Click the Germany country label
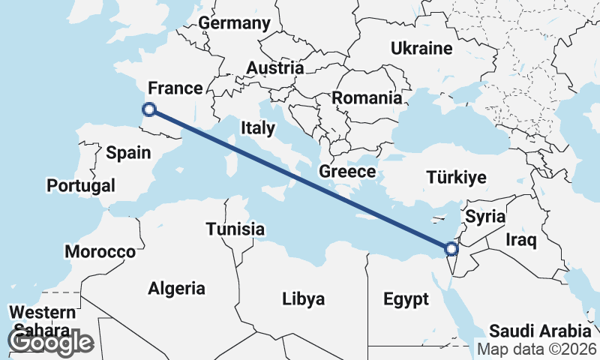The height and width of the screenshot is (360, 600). coord(234,23)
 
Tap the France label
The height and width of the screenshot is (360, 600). coord(175,88)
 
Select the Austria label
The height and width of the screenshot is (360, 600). coord(275,67)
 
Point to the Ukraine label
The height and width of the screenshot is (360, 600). coord(421,49)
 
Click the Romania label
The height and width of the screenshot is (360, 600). coord(367,97)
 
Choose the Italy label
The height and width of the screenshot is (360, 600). coord(258,127)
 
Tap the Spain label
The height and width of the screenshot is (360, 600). coord(129,153)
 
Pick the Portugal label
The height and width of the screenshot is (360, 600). coord(81,185)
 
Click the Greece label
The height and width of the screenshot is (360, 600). coord(347,171)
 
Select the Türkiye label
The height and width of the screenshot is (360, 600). coord(456,178)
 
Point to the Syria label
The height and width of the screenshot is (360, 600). coord(485,217)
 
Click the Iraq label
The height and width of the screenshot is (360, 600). coord(521,240)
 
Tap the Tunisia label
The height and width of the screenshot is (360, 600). coord(235,229)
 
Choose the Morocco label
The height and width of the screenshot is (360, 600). coord(100,251)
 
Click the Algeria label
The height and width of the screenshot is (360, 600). coord(176,288)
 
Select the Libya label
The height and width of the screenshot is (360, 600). coord(304,299)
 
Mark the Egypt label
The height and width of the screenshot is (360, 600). coord(406,299)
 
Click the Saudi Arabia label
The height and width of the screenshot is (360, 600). coord(540,331)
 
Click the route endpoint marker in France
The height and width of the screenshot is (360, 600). coord(149,109)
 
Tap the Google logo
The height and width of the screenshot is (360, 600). coord(50,341)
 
